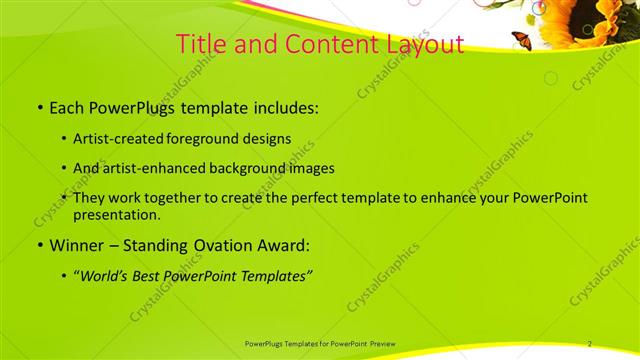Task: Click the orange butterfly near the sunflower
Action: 522,40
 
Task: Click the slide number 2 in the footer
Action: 590,343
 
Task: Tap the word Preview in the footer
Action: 382,343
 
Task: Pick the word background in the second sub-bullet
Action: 252,168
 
